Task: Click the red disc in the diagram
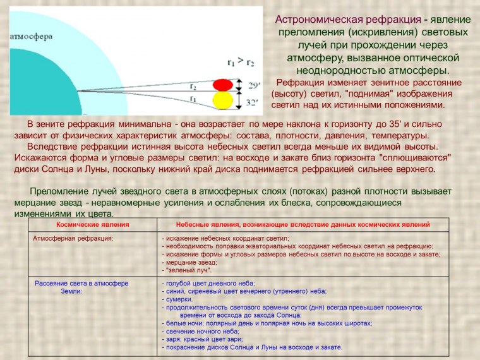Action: [x=222, y=85]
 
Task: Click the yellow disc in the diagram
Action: [x=222, y=100]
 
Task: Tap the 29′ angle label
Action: [x=253, y=85]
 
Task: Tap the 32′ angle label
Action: [x=253, y=101]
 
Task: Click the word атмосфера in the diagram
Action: [x=30, y=36]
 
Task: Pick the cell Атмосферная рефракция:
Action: [x=73, y=239]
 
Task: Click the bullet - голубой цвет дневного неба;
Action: [x=208, y=284]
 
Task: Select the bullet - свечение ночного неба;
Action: [x=200, y=331]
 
